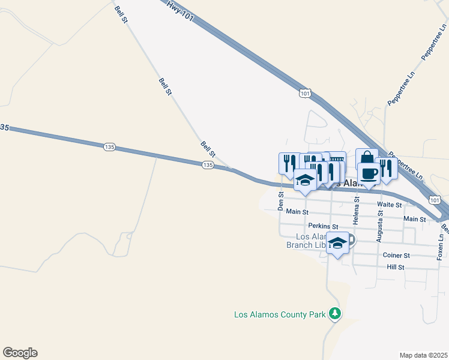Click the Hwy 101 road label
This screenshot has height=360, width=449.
pos(180,11)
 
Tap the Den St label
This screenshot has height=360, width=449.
pos(280,201)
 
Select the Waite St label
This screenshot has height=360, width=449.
pos(389,205)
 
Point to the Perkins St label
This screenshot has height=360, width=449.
pos(319,226)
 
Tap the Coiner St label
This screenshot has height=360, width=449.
pos(396,255)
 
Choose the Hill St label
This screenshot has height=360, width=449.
pos(396,267)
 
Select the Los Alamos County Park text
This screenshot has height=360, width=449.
pos(279,314)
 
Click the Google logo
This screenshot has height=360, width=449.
pos(20,353)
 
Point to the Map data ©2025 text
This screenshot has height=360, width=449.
pos(423,355)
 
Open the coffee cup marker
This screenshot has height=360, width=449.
pos(369,173)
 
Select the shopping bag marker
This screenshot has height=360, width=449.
pos(366,158)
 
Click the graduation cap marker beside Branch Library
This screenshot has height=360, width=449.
pos(338,242)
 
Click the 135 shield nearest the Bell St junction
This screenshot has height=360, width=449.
pos(208,165)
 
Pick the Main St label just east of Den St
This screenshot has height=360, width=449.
pos(297,212)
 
